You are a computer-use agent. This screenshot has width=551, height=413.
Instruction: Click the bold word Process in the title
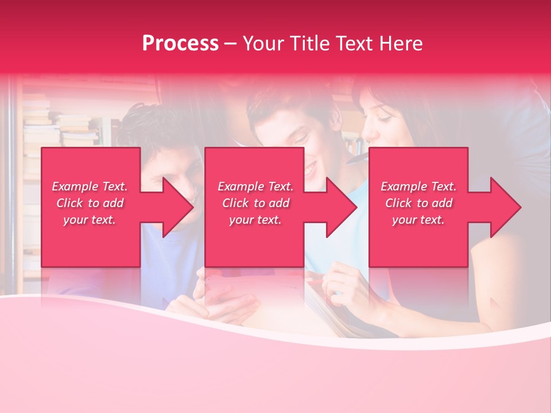pos(180,44)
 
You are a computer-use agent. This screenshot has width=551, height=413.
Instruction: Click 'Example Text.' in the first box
pos(90,186)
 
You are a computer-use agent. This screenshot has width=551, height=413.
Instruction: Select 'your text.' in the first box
pos(90,220)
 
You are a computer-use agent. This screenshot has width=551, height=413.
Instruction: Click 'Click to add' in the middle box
pos(255,203)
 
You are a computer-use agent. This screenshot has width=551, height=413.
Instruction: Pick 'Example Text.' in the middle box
pos(255,186)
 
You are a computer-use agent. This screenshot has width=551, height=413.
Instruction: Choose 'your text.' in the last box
pos(418,220)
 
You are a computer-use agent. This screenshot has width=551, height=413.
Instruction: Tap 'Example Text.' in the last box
pos(418,186)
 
